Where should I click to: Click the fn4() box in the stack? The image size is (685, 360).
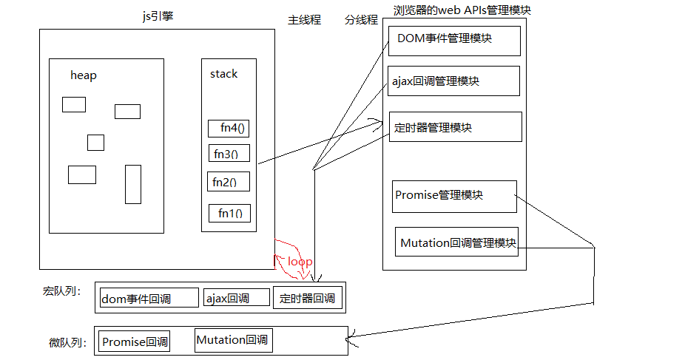point(228,129)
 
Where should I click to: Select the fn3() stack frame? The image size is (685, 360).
point(228,154)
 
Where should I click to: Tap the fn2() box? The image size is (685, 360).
point(229,182)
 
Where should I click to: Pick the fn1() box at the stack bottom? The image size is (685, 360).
point(229,214)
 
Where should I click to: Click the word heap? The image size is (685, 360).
point(84,75)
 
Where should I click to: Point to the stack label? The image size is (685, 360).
point(224,74)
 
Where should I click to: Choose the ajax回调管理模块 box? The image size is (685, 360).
point(453,81)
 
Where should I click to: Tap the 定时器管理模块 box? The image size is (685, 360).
point(455,126)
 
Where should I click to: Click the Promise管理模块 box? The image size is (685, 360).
point(454,196)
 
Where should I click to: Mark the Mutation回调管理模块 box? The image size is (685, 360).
point(456,242)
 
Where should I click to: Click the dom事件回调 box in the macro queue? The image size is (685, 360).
point(150,298)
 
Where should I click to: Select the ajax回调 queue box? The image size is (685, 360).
point(237,298)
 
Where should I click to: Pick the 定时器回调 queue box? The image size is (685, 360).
point(307,297)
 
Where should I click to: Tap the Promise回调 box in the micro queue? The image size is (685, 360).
point(135,342)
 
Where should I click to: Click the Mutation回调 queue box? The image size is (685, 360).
point(232,340)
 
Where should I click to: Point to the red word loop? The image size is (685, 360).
point(300,262)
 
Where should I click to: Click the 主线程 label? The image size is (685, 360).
point(304,20)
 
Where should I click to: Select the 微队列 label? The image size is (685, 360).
point(67,343)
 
